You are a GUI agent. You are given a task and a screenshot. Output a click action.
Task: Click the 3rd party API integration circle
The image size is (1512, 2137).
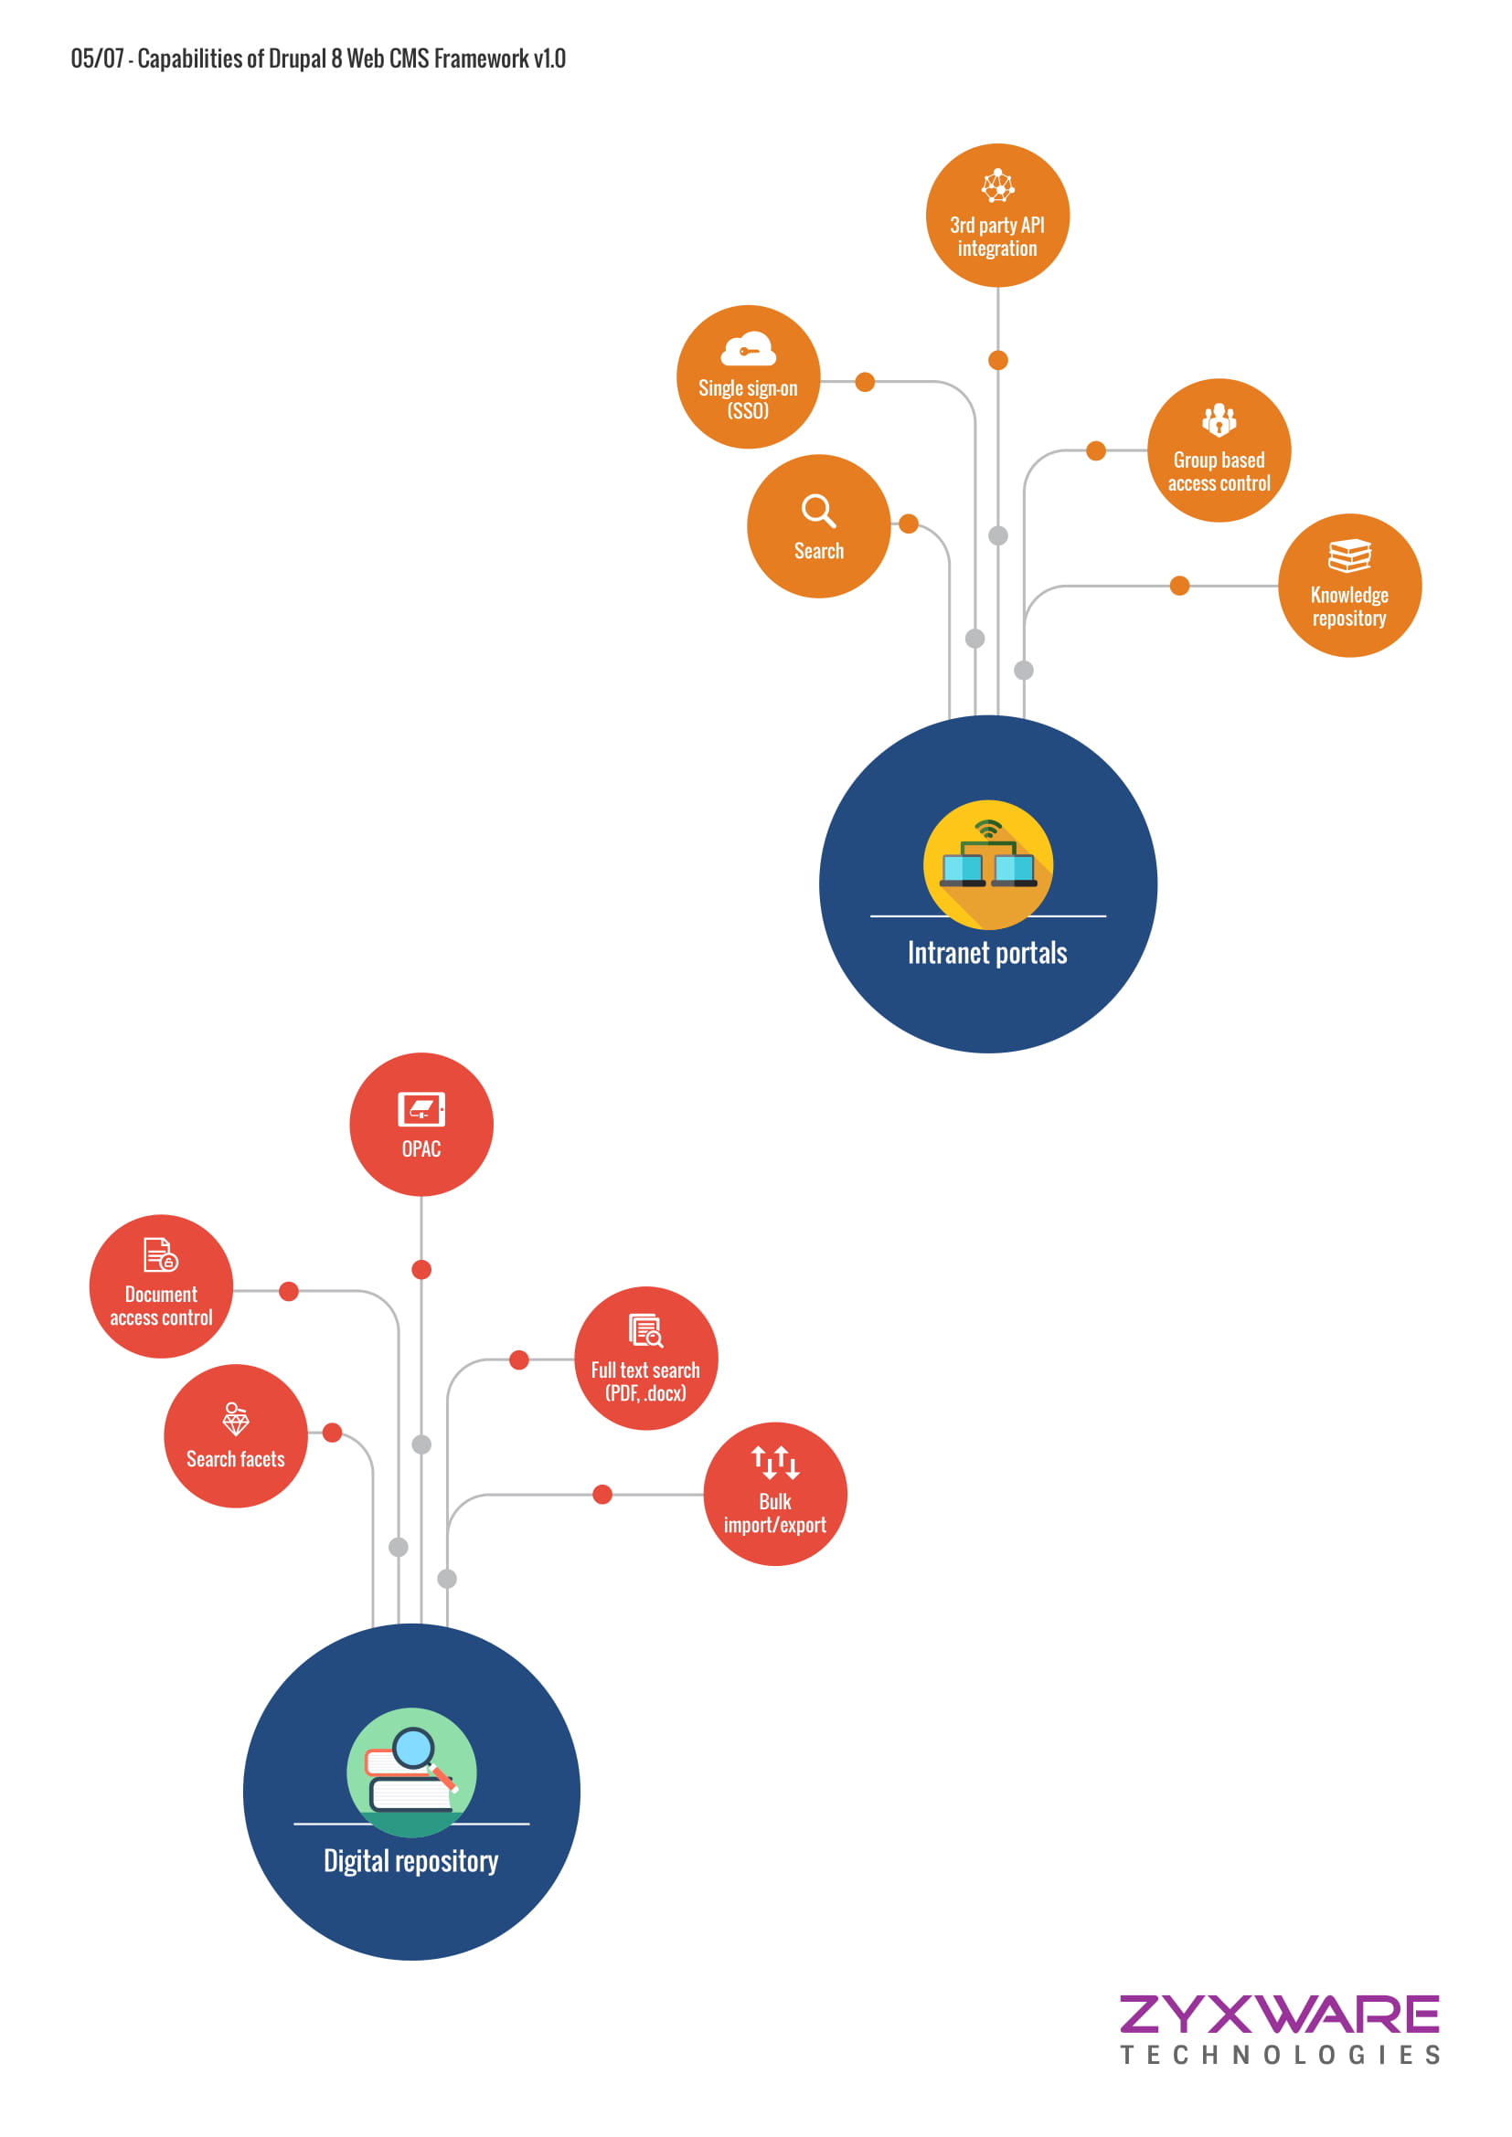(997, 216)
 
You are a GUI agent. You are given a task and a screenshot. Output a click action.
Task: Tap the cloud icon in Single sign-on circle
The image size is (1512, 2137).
(748, 349)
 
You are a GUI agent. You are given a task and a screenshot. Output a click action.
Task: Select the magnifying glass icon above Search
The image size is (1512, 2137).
(818, 510)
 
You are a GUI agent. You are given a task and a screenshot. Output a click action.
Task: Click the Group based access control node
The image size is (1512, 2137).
(1219, 450)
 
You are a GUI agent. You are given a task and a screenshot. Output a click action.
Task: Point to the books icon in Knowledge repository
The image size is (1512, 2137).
(1349, 555)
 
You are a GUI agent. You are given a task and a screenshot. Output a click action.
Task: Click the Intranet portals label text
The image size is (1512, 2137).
(987, 953)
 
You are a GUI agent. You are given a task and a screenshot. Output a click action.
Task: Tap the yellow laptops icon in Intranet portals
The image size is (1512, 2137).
(988, 864)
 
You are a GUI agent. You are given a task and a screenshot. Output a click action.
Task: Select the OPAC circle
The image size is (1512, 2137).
(421, 1125)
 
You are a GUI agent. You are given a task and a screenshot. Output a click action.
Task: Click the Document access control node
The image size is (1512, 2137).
(161, 1286)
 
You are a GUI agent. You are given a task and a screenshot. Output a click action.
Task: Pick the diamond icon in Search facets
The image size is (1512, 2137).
(236, 1420)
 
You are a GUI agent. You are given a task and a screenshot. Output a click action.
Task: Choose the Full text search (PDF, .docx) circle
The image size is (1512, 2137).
(645, 1359)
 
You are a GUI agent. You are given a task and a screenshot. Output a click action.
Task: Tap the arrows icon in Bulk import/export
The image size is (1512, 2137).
(774, 1462)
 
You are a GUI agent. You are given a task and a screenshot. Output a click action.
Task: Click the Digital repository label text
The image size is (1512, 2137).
(410, 1861)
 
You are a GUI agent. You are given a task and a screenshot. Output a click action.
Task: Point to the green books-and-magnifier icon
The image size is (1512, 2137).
(411, 1772)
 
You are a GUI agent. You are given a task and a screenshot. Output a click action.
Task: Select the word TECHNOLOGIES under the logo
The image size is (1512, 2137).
(1280, 2055)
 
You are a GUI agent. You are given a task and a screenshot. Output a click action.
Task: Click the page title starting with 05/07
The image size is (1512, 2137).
(317, 58)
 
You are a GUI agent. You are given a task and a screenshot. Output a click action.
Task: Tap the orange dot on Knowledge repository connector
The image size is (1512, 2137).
(1178, 586)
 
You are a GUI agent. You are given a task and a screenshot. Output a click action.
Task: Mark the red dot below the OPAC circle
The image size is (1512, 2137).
(421, 1270)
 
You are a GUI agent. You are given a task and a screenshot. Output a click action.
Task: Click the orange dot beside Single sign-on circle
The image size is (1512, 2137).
(864, 382)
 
